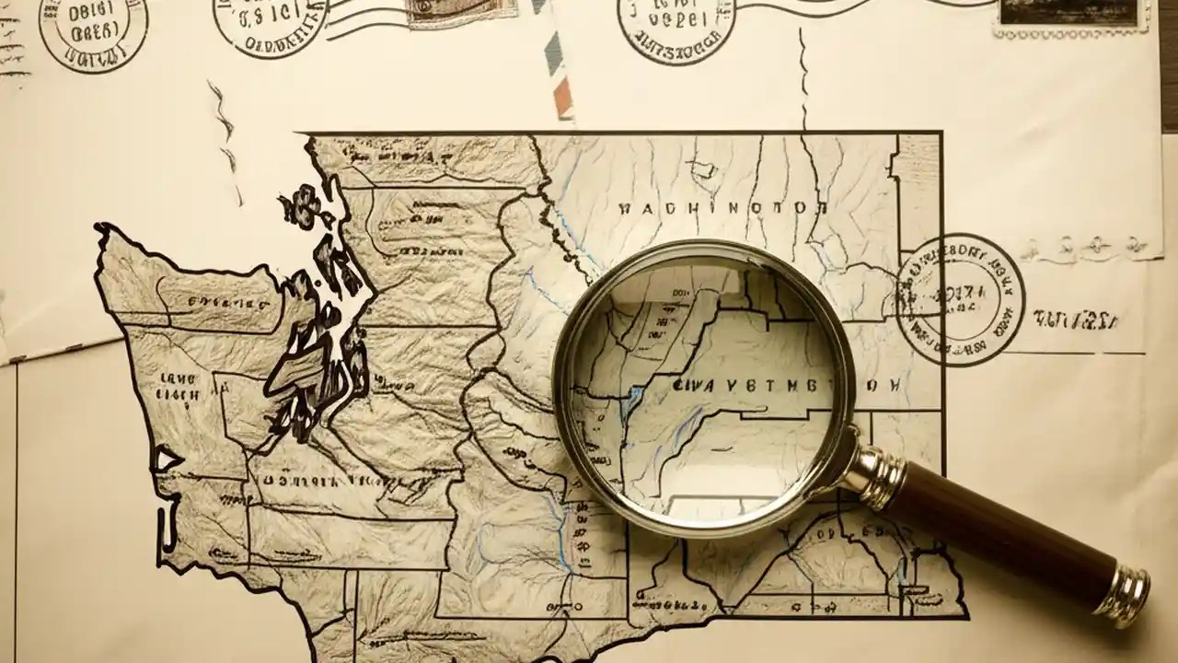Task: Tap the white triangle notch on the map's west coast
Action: [x=167, y=459]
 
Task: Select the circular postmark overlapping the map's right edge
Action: [x=960, y=298]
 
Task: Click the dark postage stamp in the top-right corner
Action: [x=1068, y=14]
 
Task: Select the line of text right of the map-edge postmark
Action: [x=1075, y=320]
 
